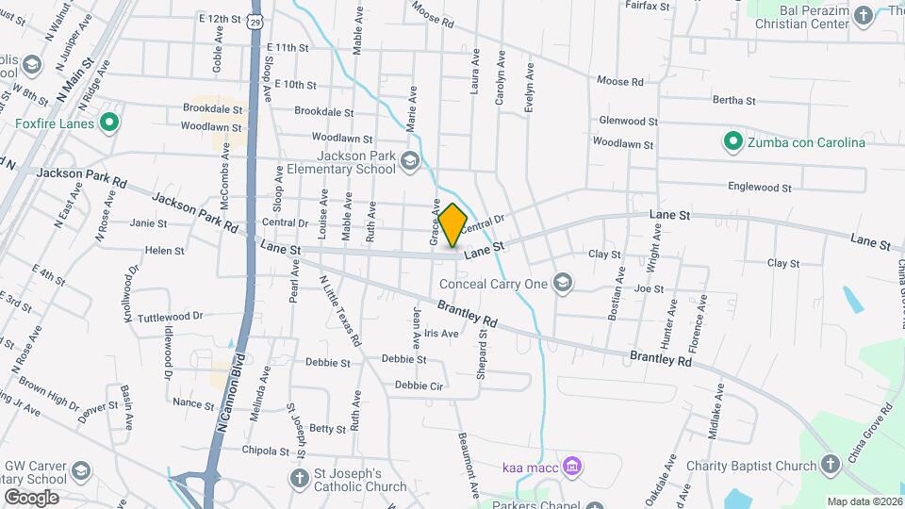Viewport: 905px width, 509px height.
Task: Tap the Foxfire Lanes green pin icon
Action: tap(109, 122)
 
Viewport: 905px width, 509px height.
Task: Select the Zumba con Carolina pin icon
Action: tap(732, 142)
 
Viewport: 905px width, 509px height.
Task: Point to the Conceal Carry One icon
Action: tap(563, 282)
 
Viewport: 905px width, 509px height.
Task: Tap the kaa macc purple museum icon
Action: tap(571, 466)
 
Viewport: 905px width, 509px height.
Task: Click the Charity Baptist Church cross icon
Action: tap(829, 465)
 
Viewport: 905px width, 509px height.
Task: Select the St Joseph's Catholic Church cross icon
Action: tap(299, 478)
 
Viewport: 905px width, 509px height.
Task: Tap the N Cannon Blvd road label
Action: tap(230, 393)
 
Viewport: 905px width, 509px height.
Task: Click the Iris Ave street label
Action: tap(441, 333)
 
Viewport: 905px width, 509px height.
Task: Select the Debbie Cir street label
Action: tap(419, 385)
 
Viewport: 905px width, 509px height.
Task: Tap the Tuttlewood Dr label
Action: tap(170, 317)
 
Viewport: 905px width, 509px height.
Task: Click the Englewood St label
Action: tap(761, 188)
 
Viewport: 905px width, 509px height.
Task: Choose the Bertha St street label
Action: tap(734, 100)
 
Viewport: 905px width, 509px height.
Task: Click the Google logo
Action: tap(31, 497)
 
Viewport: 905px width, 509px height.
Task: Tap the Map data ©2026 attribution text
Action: tap(864, 501)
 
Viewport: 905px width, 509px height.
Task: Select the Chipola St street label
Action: tap(242, 450)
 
